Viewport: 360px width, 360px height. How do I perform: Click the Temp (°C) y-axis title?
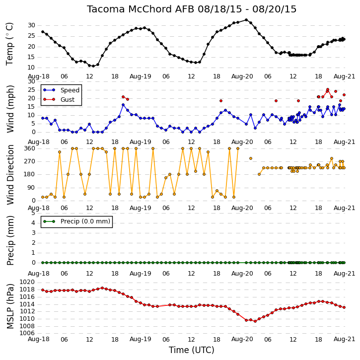pyautogui.click(x=9, y=44)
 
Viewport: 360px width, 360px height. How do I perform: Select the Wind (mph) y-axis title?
pyautogui.click(x=10, y=109)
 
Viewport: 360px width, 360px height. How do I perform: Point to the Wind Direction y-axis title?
pyautogui.click(x=10, y=174)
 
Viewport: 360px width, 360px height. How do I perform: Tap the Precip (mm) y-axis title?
pyautogui.click(x=10, y=241)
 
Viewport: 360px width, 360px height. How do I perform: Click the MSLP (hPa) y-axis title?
pyautogui.click(x=10, y=306)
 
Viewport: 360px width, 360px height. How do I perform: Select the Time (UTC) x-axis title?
pyautogui.click(x=192, y=350)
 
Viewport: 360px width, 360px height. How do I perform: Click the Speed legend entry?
pyautogui.click(x=61, y=90)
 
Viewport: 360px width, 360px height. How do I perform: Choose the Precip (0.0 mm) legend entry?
pyautogui.click(x=76, y=221)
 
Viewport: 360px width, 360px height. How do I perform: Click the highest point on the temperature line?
pyautogui.click(x=246, y=20)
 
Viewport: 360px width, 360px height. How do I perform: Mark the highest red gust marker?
pyautogui.click(x=328, y=89)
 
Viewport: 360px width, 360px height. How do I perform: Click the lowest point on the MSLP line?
pyautogui.click(x=255, y=321)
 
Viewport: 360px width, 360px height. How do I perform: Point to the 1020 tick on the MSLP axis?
pyautogui.click(x=27, y=282)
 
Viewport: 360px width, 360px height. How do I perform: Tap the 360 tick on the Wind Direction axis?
pyautogui.click(x=30, y=148)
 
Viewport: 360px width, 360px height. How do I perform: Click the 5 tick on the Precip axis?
pyautogui.click(x=33, y=213)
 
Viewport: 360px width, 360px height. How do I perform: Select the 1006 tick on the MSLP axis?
pyautogui.click(x=27, y=333)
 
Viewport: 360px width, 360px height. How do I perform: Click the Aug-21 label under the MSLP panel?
pyautogui.click(x=344, y=339)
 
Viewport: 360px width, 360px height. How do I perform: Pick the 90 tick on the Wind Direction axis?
pyautogui.click(x=31, y=188)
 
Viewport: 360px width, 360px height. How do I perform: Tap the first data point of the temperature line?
pyautogui.click(x=43, y=32)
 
